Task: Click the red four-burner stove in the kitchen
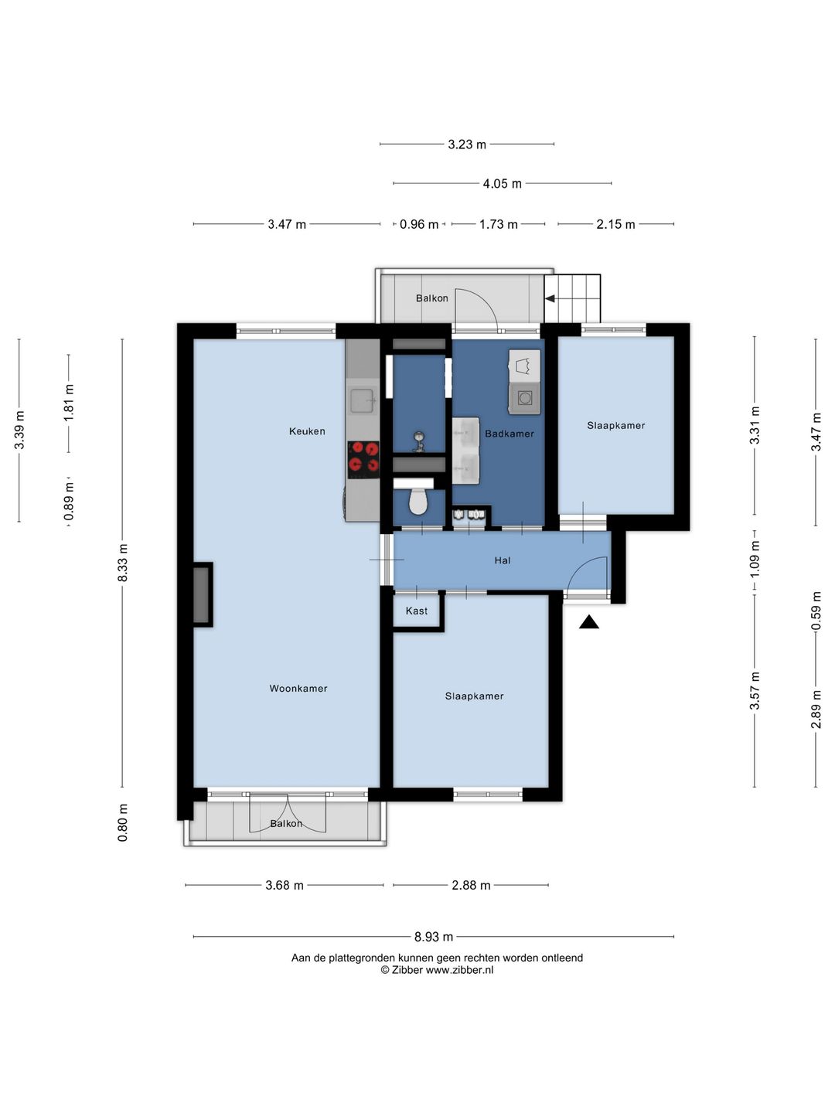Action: pos(363,459)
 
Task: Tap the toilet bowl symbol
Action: pos(418,502)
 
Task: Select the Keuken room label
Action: pos(307,431)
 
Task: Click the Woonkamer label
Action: pos(298,688)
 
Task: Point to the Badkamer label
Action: pos(509,434)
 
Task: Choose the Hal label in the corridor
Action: pos(502,560)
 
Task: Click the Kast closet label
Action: pos(416,611)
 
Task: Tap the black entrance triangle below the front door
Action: pos(588,621)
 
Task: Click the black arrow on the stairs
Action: pos(549,298)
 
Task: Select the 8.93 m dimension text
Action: pos(434,937)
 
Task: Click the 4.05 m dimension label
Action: pos(502,183)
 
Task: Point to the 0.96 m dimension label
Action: pos(419,224)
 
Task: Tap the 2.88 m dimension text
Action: pos(471,885)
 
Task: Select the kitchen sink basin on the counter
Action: pos(363,400)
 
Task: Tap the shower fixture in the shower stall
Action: pos(419,441)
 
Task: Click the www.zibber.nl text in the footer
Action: pos(459,970)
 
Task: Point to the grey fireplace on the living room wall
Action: pos(202,595)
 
